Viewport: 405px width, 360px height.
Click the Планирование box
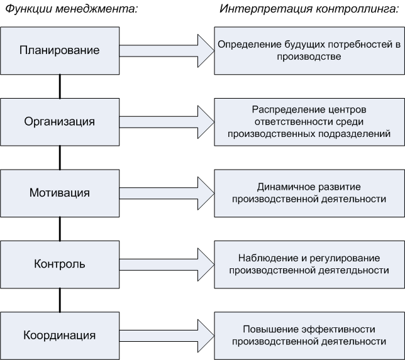coord(60,51)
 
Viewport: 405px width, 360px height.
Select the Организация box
coord(60,122)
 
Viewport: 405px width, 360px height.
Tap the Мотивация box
coord(60,194)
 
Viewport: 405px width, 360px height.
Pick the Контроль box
coord(60,265)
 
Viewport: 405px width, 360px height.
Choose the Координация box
coord(60,335)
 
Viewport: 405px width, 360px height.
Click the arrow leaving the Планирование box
coord(167,51)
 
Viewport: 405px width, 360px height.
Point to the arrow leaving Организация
coord(167,122)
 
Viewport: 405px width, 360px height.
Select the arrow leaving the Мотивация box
coord(167,194)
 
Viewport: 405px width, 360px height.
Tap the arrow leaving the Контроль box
coord(167,265)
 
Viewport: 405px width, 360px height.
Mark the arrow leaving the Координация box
coord(167,335)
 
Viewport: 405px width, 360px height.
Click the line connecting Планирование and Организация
coord(60,87)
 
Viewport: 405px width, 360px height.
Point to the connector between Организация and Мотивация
coord(60,158)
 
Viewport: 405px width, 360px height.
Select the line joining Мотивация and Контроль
coord(60,229)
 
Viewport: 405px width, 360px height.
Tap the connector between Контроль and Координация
coord(60,300)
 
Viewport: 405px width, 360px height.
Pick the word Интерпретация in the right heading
coord(266,9)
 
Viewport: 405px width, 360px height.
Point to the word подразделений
coord(355,134)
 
